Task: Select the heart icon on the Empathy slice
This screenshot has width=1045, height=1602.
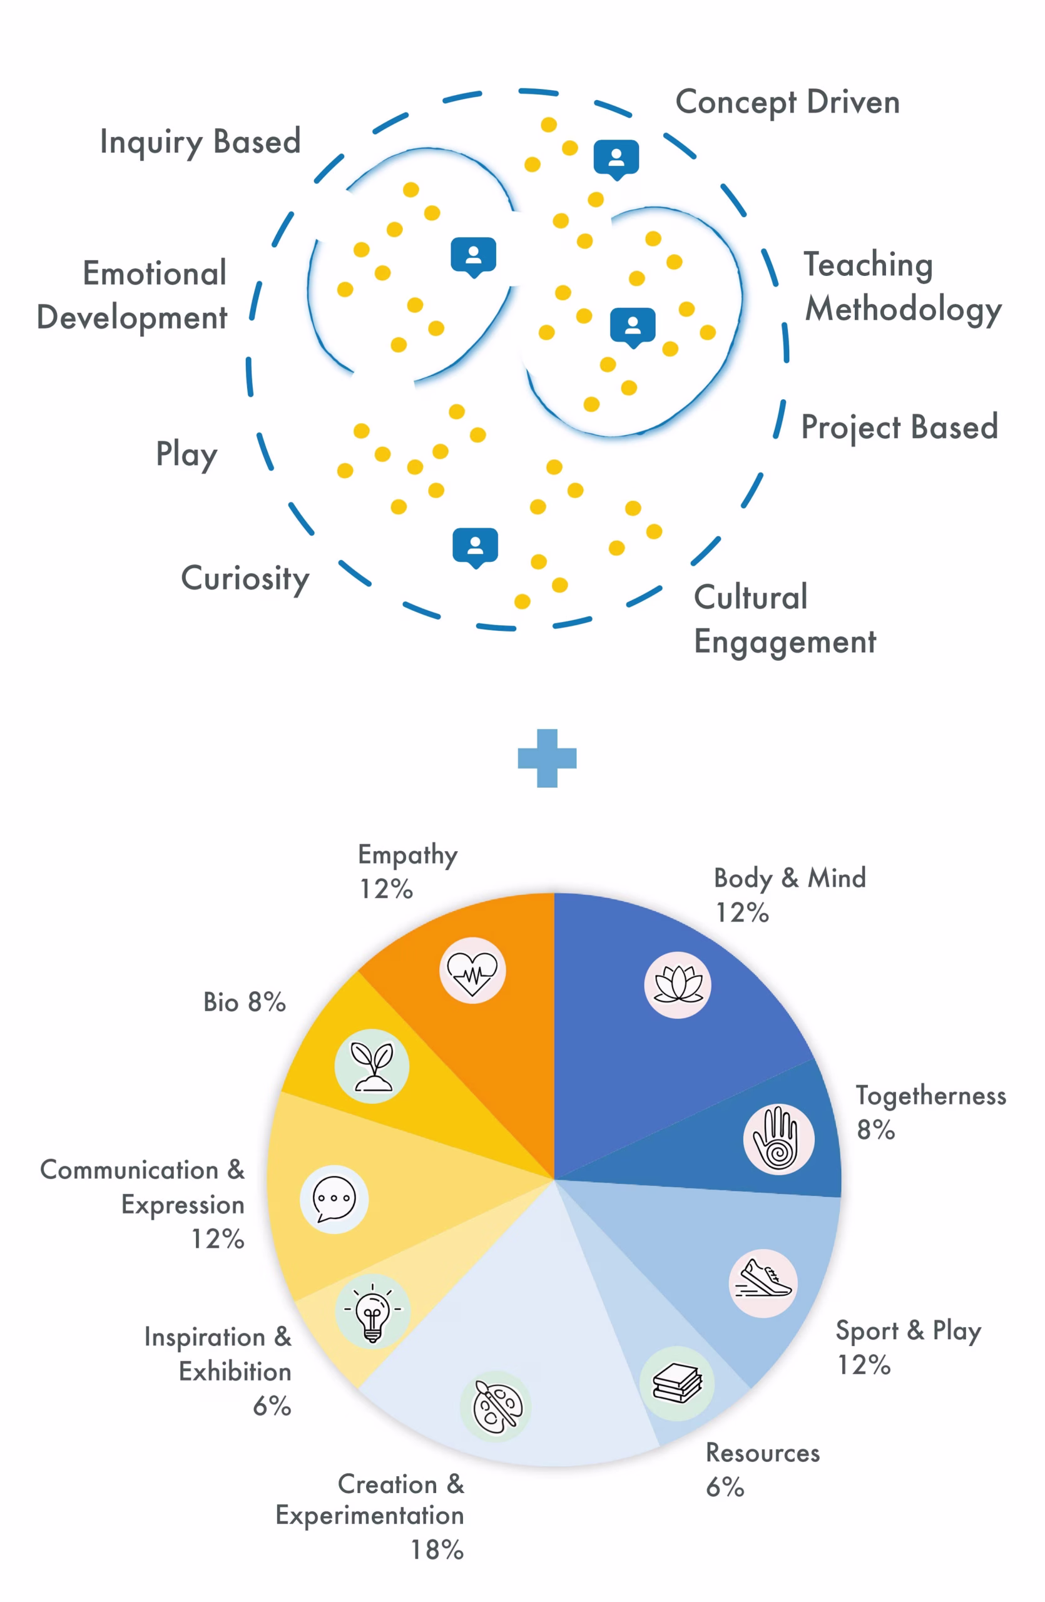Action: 472,970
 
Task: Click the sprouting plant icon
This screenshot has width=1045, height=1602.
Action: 372,1066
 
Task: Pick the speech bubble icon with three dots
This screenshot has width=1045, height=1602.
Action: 334,1199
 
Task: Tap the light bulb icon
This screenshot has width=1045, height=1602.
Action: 372,1311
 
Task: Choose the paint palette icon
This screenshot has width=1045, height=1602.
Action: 495,1406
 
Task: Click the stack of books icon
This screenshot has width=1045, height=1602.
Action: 677,1383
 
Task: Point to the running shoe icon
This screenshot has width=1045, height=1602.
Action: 763,1283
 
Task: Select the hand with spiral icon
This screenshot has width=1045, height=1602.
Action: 778,1139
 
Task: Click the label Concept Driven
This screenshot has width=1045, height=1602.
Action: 787,103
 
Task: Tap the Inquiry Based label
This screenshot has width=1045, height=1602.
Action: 200,143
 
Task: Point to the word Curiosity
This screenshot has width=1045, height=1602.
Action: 245,579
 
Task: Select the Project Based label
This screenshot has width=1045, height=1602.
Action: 899,427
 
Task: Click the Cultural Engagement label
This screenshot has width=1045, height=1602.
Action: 785,620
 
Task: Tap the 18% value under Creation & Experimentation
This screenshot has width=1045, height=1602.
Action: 437,1549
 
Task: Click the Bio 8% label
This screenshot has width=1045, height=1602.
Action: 244,1002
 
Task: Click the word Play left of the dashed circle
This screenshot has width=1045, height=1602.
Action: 186,455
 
